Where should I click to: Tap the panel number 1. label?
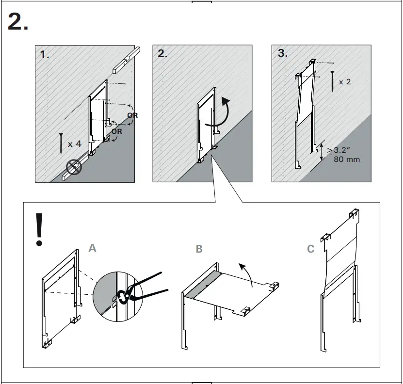coord(45,55)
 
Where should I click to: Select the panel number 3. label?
coord(282,54)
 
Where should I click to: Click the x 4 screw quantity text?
coord(75,144)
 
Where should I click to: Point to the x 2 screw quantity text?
coord(345,82)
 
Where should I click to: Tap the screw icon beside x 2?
coord(332,80)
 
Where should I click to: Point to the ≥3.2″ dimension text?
coord(343,150)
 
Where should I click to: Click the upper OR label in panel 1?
coord(132,115)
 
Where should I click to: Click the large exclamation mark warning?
coord(39,229)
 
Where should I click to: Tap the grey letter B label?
coord(199,249)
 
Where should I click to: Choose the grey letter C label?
coord(311,249)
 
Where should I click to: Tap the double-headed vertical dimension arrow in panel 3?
coord(321,151)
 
